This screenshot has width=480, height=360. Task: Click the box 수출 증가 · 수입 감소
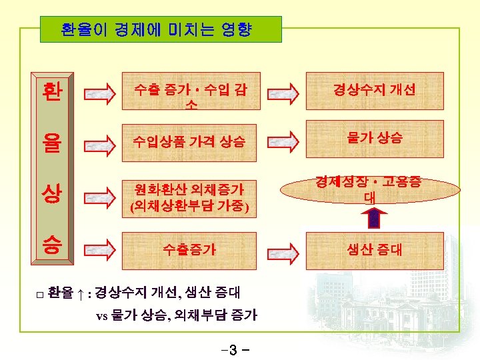[188, 94]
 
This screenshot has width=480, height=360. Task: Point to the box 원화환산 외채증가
[188, 197]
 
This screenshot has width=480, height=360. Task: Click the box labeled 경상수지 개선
[375, 89]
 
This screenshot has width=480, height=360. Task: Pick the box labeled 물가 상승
[375, 138]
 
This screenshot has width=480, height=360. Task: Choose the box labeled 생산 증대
[375, 250]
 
